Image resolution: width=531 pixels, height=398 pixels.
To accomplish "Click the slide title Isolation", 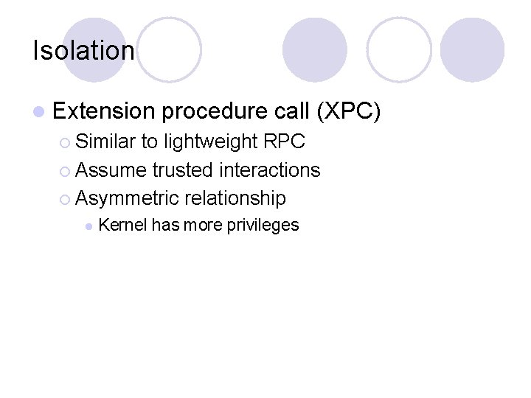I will click(x=83, y=51).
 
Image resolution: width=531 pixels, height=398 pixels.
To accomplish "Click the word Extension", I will click(x=104, y=111).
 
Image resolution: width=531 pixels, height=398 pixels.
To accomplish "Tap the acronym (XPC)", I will click(x=348, y=111).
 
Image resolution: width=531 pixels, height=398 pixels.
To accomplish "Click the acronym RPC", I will click(x=284, y=142).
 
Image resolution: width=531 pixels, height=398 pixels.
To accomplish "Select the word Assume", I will click(x=111, y=170).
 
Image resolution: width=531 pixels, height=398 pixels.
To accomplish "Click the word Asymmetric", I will click(x=128, y=198).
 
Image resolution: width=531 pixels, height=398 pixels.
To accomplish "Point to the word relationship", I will click(x=235, y=198).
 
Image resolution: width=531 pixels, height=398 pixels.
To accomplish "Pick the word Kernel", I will click(x=122, y=226).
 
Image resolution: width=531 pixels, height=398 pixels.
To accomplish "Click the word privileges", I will click(x=263, y=226).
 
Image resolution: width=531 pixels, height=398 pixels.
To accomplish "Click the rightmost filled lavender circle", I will click(x=472, y=50).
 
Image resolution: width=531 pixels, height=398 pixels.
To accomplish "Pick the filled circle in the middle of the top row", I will click(x=314, y=50).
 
